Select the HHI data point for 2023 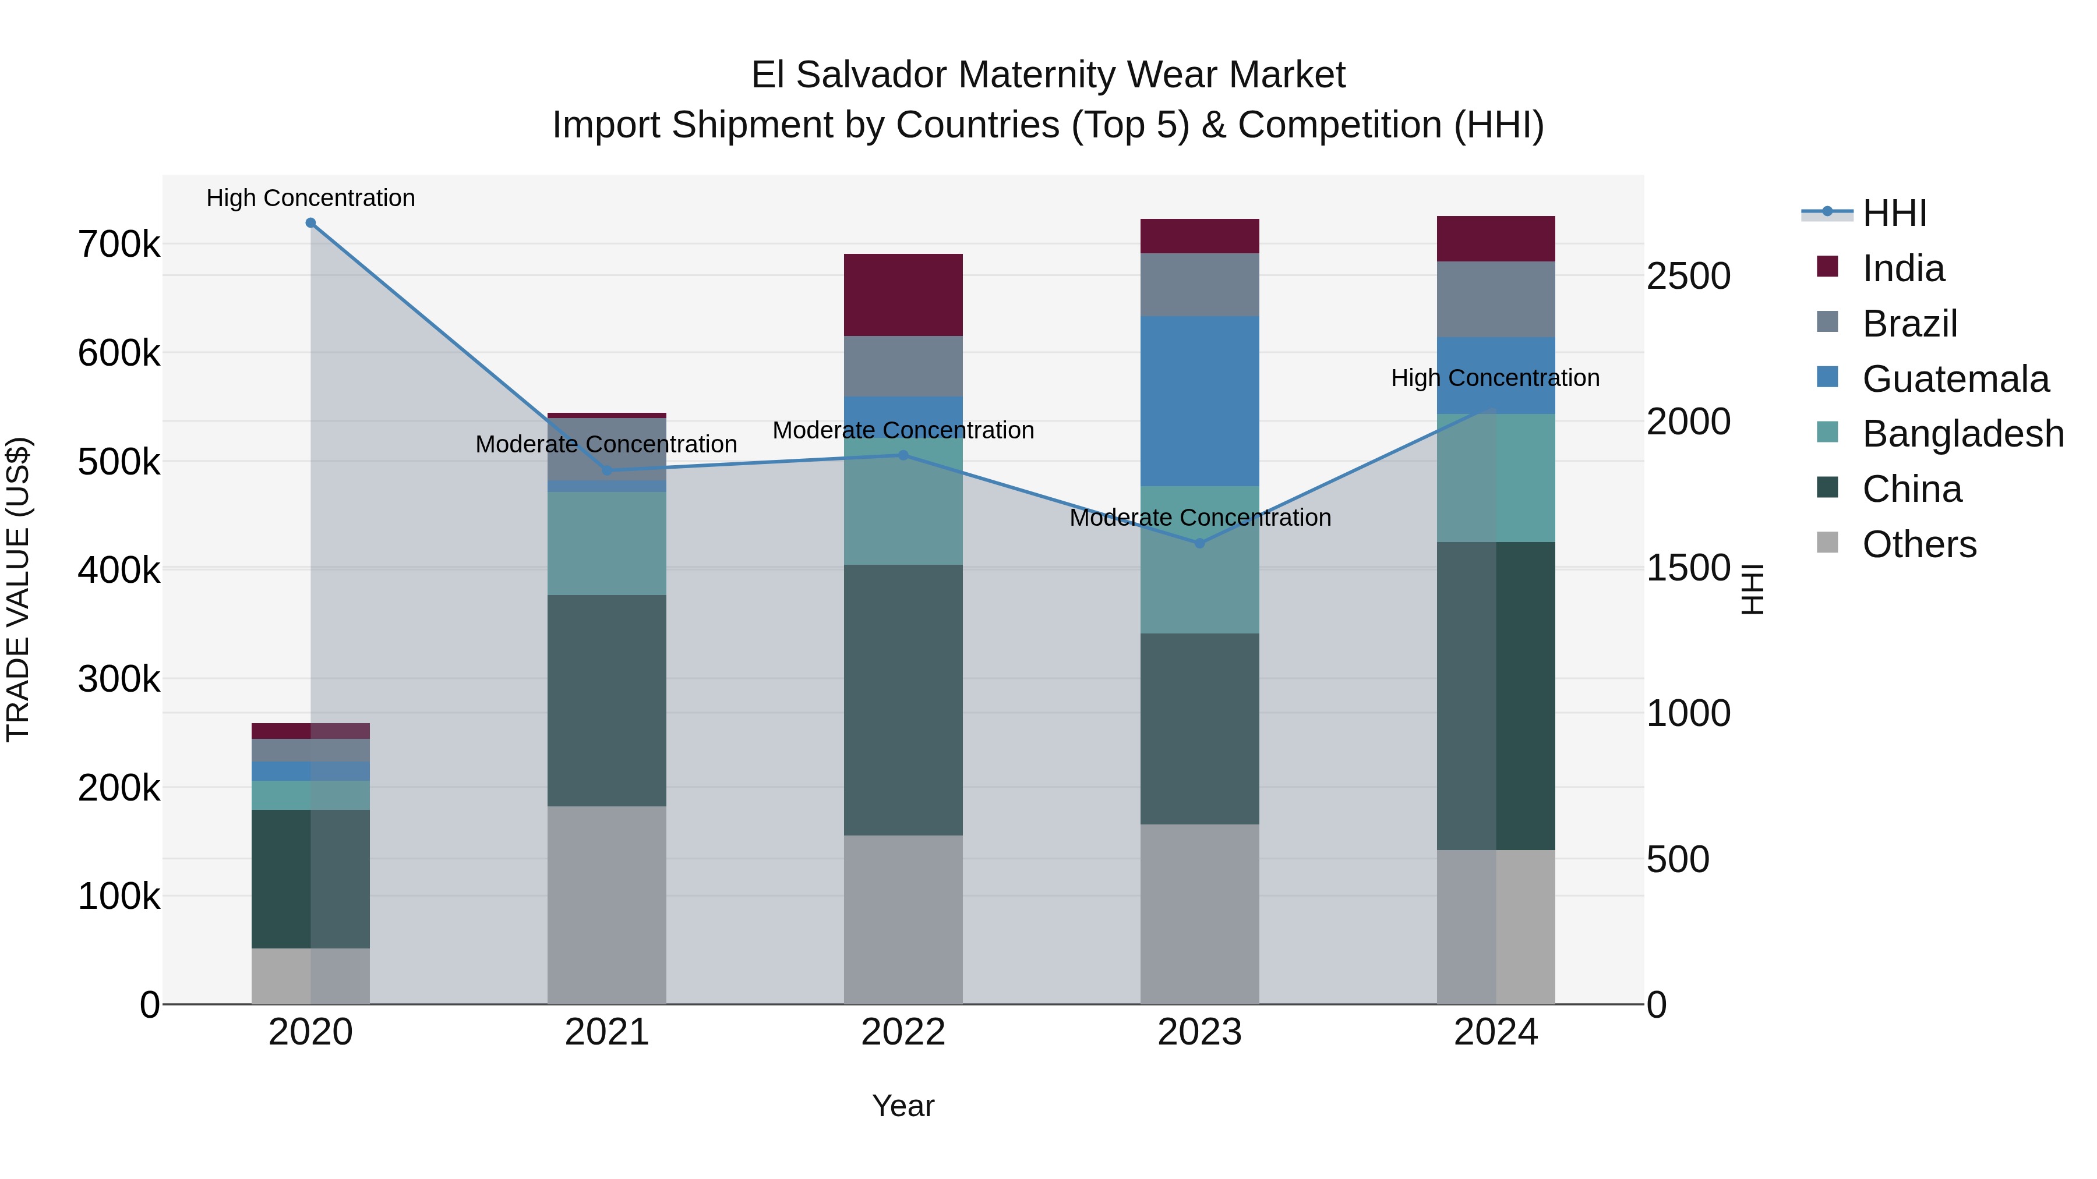(1199, 544)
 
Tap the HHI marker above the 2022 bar (903, 456)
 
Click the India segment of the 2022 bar (903, 295)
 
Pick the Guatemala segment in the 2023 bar (1199, 401)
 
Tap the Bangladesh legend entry (1962, 434)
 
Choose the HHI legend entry (1894, 213)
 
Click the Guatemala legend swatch (1827, 377)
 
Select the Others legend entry (1919, 544)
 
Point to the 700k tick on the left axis (119, 244)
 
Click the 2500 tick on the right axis (1688, 276)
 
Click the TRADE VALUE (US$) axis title (18, 589)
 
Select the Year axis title (903, 1106)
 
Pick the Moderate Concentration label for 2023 (1199, 518)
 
